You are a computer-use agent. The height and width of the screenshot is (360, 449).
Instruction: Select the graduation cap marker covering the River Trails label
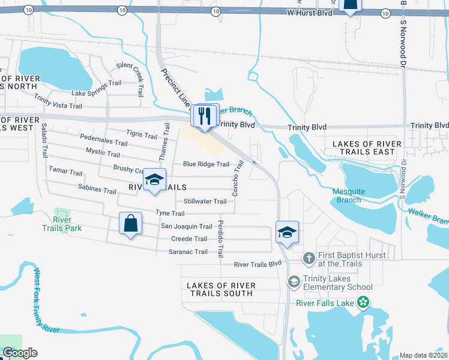point(154,181)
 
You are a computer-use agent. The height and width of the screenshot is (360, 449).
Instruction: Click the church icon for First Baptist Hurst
point(309,259)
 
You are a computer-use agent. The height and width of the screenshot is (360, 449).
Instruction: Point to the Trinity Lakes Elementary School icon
point(294,281)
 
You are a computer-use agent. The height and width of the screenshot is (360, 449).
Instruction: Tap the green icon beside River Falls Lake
point(363,303)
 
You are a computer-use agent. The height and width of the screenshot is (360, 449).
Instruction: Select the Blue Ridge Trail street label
point(206,164)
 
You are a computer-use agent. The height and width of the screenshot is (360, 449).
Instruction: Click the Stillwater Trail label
point(205,201)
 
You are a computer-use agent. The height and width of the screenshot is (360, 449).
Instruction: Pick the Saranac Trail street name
point(187,251)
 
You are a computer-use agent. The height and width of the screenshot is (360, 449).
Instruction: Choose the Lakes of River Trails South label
point(221,289)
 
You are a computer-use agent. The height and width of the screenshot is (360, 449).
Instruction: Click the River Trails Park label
point(62,224)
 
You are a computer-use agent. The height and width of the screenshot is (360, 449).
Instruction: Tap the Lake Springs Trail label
point(96,89)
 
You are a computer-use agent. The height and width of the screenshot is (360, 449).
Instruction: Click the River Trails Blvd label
point(258,264)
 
